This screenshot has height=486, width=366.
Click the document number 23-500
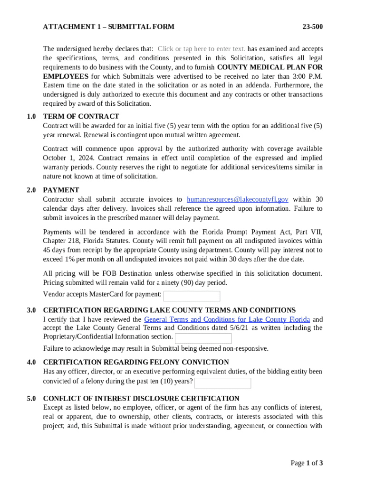[x=312, y=27]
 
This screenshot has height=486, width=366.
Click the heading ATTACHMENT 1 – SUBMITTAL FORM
[x=108, y=27]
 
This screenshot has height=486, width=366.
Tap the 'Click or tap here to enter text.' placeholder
[x=202, y=49]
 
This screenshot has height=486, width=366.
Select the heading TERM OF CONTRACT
[x=81, y=116]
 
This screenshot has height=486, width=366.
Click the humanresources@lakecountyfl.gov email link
[x=237, y=200]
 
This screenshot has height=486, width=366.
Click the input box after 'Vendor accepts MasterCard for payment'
[x=192, y=296]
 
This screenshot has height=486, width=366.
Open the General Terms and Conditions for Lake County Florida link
[x=227, y=319]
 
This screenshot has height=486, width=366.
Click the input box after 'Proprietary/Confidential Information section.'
[x=203, y=338]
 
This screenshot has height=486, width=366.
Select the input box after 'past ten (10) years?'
[x=222, y=383]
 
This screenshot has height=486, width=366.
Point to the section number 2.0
[x=31, y=190]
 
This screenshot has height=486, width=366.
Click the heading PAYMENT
[x=61, y=190]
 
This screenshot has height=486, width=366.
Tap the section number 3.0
[x=31, y=310]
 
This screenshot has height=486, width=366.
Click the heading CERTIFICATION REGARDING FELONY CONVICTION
[x=136, y=363]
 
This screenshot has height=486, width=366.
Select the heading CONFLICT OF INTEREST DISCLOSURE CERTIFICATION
[x=141, y=399]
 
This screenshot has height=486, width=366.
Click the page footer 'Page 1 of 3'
[x=307, y=463]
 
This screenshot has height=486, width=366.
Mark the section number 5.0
[x=31, y=399]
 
